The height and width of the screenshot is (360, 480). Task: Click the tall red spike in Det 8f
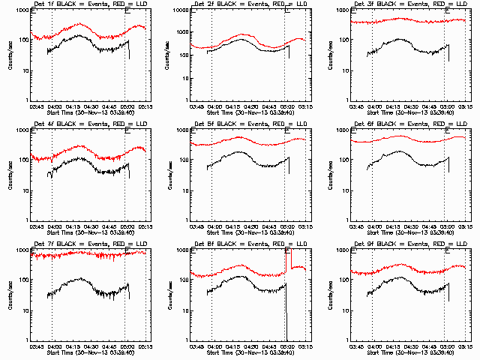(x=290, y=259)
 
